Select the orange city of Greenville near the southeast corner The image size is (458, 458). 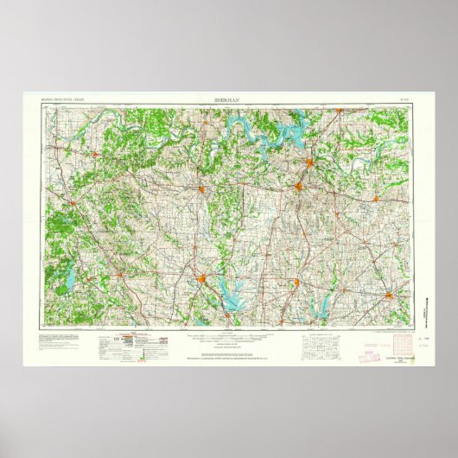[x=392, y=298]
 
